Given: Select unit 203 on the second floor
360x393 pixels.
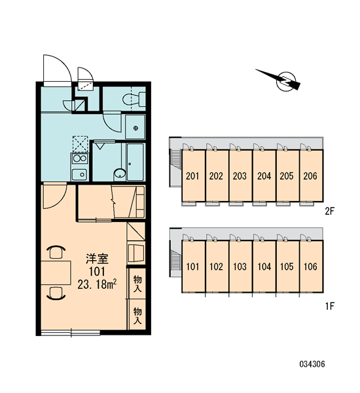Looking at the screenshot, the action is point(240,176).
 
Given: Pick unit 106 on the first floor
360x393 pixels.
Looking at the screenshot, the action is point(311,267).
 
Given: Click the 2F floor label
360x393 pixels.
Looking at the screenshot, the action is point(330,212).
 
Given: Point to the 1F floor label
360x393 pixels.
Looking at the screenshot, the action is point(330,306).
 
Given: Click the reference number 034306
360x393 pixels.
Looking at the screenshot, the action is point(312,364).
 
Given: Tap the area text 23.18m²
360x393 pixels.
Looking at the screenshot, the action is point(97,284).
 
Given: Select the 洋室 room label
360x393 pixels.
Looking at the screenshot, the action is point(97,259).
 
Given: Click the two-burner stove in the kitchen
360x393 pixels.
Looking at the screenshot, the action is point(79,159).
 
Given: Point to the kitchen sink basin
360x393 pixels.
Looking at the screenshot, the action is point(79,174).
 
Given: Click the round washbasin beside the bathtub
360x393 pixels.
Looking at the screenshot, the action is point(120,174).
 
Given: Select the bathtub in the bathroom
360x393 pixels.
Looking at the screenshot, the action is point(135,162).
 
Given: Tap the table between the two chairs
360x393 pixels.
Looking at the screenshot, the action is point(56,272).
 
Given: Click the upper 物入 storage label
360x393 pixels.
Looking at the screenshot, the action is point(137,283).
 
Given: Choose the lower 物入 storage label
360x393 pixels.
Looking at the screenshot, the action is point(137,315).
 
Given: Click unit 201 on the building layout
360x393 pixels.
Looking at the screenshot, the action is point(193,176).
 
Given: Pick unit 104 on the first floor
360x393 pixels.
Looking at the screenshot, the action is point(264,267).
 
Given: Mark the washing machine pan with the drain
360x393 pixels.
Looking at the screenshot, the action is point(135,127).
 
